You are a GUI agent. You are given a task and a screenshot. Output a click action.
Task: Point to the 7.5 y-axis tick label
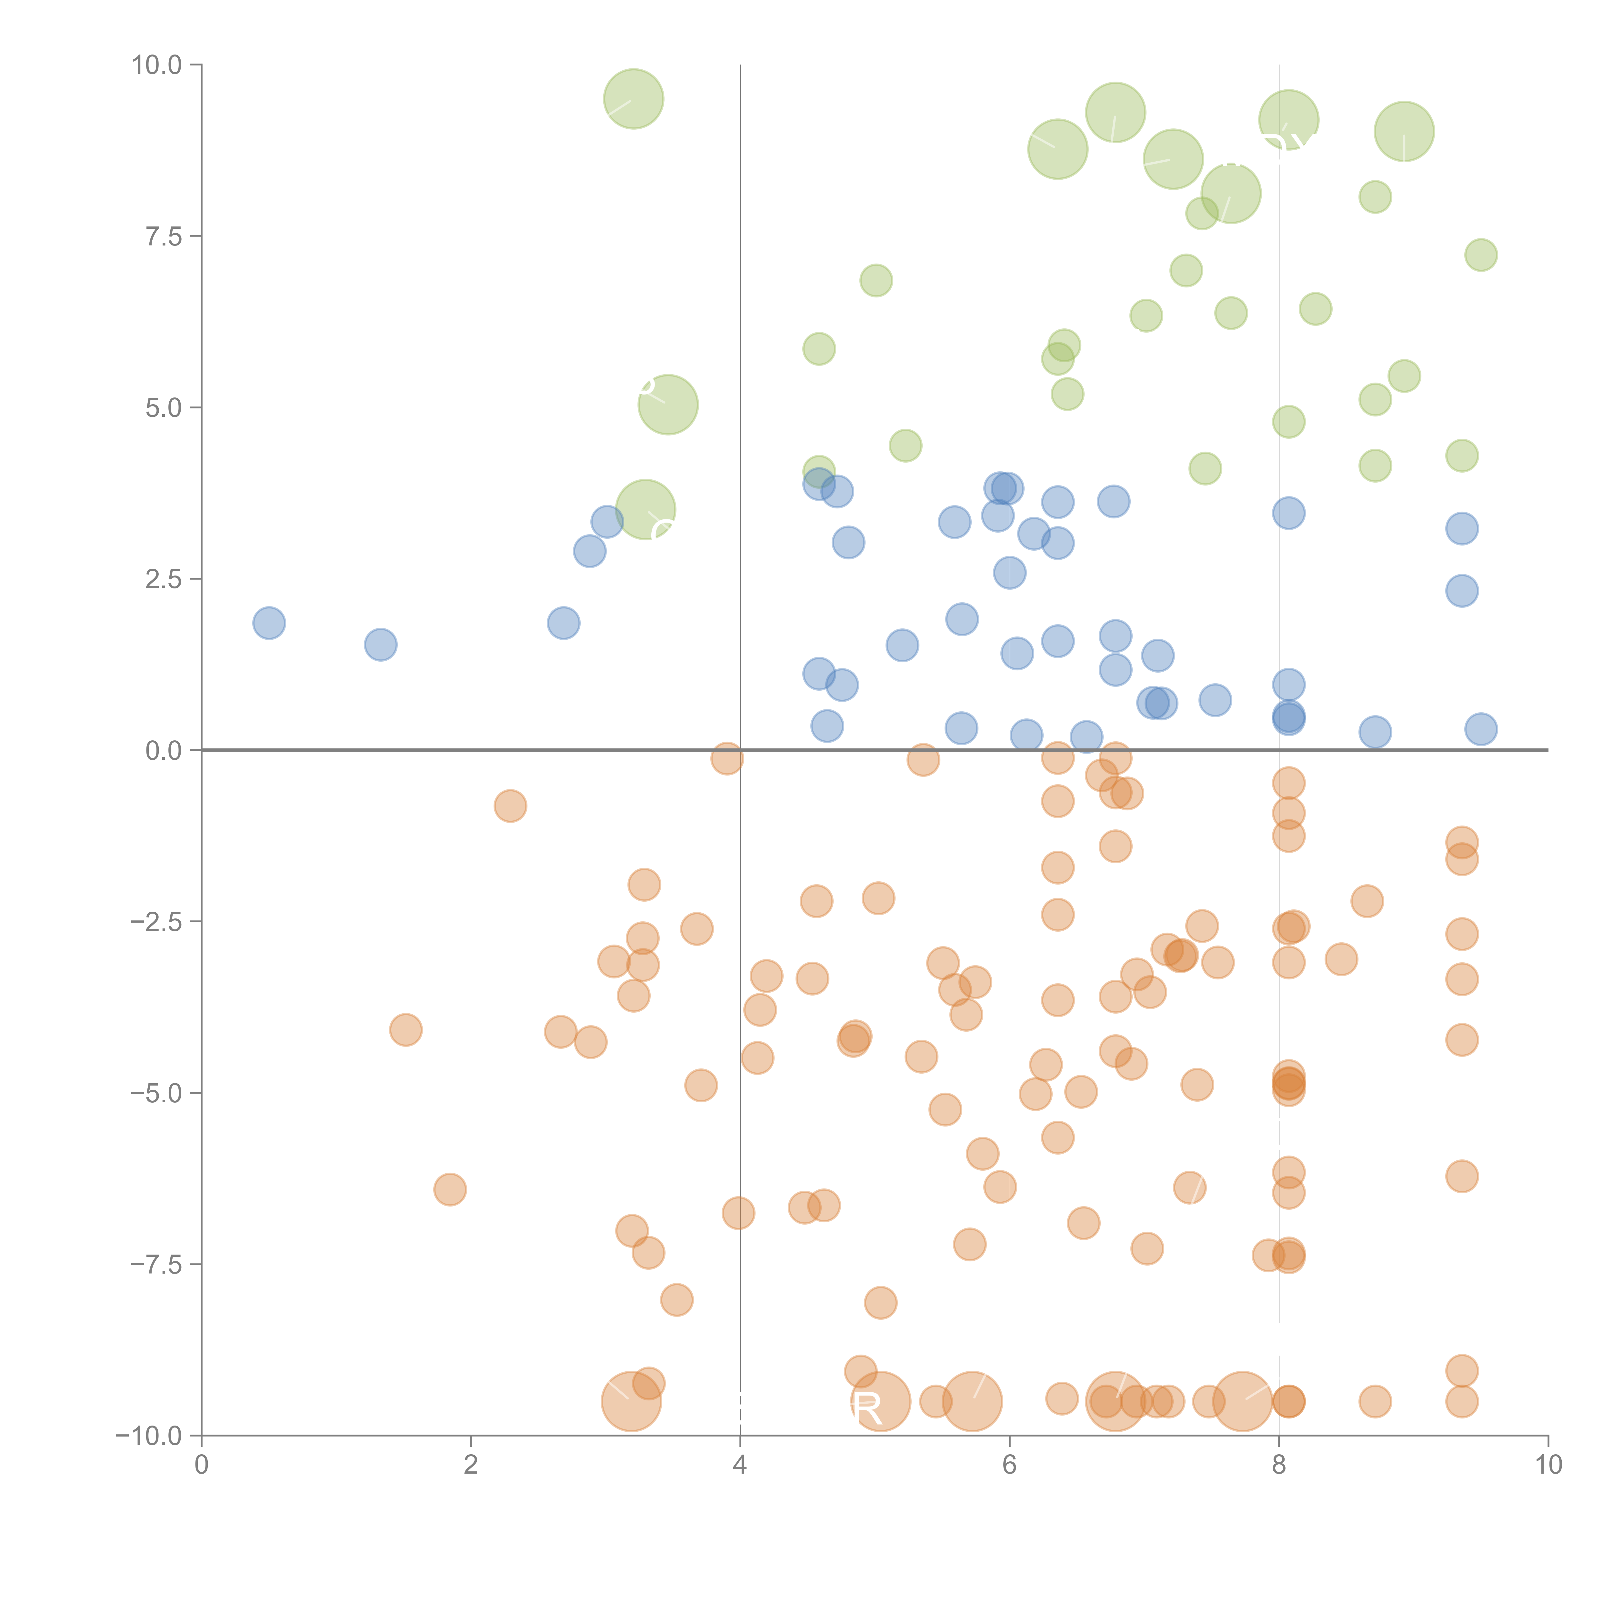pos(164,236)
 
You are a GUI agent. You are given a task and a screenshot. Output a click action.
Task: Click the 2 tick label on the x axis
pos(471,1464)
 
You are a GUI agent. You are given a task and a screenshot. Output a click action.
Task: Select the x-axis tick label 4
pos(740,1464)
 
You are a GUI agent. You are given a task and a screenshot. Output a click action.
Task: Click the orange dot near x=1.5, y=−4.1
pos(406,1029)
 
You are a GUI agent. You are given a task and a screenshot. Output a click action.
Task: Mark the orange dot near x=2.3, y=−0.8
pos(510,806)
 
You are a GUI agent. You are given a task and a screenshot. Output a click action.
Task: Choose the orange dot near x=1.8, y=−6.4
pos(450,1189)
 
